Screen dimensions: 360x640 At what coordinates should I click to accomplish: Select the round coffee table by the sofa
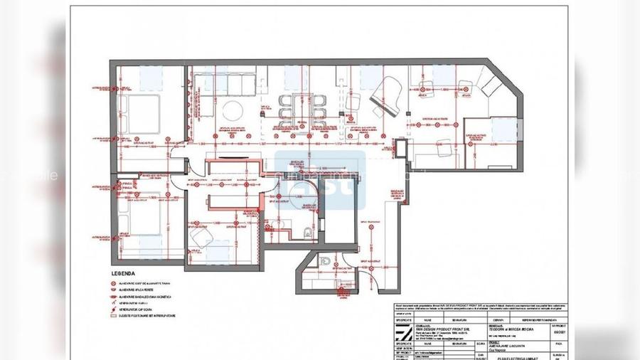point(231,110)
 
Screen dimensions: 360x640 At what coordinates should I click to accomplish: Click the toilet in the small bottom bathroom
point(326,261)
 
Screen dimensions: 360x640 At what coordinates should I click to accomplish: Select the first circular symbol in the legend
point(112,282)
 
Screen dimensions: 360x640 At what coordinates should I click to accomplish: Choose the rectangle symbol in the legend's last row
point(112,315)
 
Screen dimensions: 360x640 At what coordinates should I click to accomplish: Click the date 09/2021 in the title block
point(559,332)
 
